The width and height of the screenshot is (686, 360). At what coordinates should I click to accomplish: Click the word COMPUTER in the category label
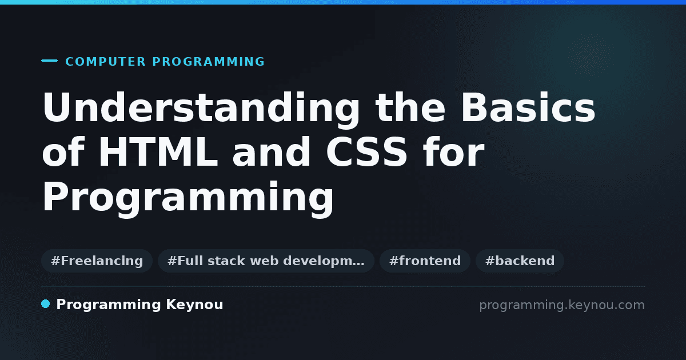point(105,62)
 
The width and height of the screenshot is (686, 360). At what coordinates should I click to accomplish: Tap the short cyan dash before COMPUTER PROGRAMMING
point(49,61)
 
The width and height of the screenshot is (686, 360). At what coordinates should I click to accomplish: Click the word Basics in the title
point(528,107)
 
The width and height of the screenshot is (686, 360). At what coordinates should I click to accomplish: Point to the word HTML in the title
point(158,151)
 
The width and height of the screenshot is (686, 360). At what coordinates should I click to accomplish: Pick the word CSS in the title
point(366,151)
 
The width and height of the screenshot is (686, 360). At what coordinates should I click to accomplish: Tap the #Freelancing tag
point(97,261)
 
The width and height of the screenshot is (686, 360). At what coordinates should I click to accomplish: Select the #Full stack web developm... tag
point(266,261)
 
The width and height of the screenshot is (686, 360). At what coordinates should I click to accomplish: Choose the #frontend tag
point(425,261)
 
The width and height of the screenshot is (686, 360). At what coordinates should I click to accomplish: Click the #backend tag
point(520,261)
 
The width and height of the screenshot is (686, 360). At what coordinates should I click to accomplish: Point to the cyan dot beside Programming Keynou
point(45,304)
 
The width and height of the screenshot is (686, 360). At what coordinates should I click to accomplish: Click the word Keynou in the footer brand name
point(194,305)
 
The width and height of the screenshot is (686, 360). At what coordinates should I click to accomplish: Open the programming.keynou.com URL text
point(562,305)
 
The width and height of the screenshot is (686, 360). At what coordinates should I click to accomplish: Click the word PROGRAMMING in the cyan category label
point(208,62)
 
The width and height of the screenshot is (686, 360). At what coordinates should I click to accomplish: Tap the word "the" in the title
point(410,107)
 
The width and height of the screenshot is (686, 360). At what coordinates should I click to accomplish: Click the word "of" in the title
point(63,151)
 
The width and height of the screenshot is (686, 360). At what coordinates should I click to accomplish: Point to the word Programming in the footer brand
point(109,305)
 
